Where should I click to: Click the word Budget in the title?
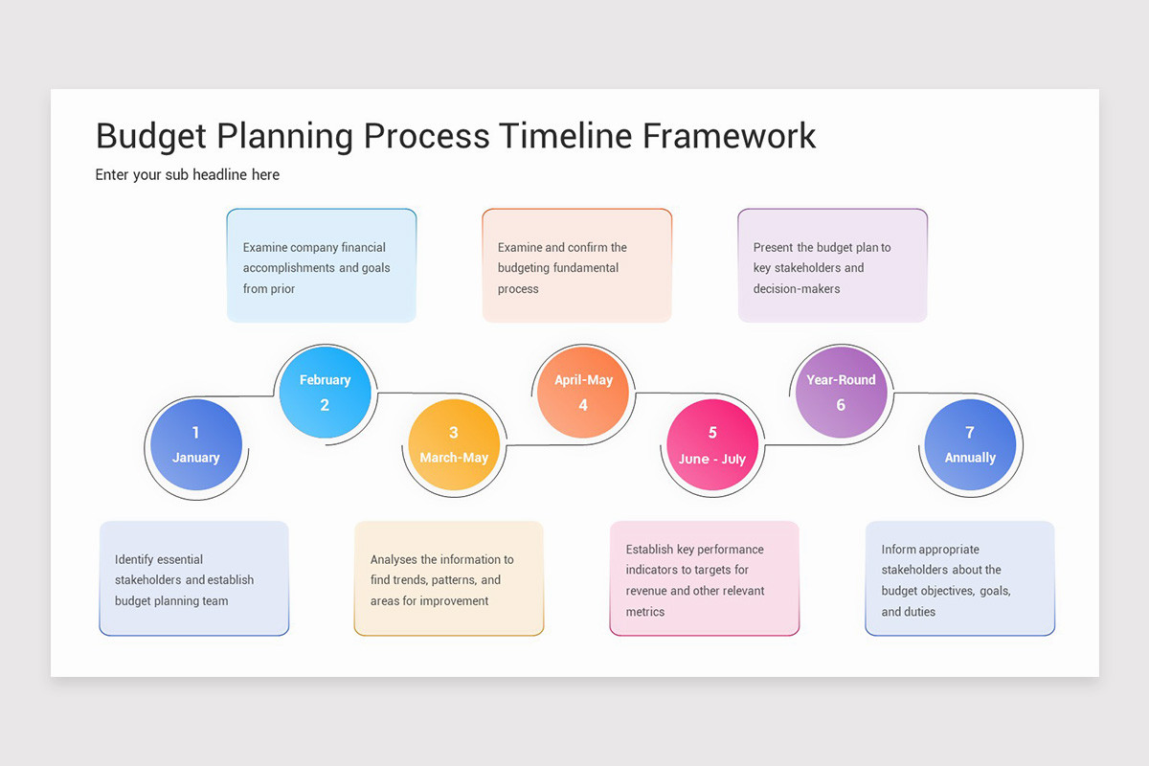click(151, 136)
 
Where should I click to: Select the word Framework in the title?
click(729, 136)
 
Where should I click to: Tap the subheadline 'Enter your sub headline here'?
click(188, 174)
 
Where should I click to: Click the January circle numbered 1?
click(196, 445)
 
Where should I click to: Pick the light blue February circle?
click(325, 392)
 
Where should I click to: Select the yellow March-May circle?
click(454, 445)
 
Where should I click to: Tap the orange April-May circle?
click(583, 392)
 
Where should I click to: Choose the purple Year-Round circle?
click(841, 392)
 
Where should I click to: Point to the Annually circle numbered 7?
click(970, 445)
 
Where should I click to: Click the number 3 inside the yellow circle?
click(454, 433)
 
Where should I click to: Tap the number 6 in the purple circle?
click(841, 405)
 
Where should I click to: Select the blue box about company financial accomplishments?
click(322, 266)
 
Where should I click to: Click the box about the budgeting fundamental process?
click(576, 266)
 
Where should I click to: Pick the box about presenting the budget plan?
click(832, 266)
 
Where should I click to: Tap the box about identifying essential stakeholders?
click(193, 578)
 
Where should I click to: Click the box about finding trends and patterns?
click(449, 578)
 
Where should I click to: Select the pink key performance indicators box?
click(705, 578)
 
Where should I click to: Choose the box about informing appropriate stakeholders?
click(959, 578)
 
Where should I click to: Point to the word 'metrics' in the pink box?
click(645, 612)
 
